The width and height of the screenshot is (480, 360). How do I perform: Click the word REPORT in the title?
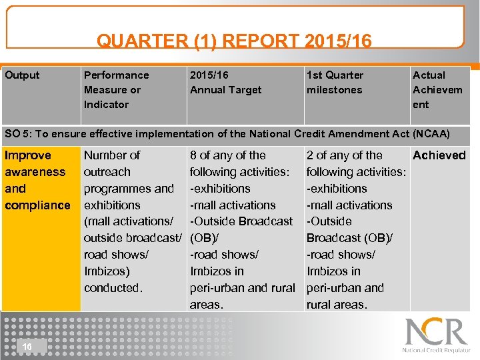(257, 41)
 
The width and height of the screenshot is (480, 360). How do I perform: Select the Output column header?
(22, 75)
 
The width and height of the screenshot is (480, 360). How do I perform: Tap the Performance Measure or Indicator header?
(116, 89)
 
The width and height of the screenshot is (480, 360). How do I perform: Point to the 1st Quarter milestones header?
(335, 83)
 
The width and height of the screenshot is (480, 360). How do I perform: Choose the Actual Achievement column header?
(437, 89)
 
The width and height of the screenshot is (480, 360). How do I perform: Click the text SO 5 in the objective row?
(18, 134)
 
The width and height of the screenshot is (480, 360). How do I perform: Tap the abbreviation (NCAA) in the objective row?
(431, 134)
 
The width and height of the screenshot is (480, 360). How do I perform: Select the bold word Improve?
(27, 155)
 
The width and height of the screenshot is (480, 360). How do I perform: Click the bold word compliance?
(37, 205)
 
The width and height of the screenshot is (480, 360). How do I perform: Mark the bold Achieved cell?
(439, 155)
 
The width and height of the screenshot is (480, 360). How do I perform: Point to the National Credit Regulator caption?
(436, 350)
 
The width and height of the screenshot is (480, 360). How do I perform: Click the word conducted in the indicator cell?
(113, 288)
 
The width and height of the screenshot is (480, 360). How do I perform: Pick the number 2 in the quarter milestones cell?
(310, 155)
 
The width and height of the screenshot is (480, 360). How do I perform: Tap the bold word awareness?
(35, 172)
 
